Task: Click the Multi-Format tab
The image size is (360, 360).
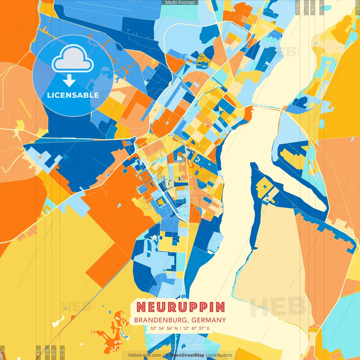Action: (180, 3)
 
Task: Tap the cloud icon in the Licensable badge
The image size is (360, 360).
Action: (73, 59)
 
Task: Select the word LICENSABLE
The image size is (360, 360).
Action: (73, 95)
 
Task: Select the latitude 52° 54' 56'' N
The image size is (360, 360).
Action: (164, 328)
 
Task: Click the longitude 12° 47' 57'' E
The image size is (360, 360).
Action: (196, 328)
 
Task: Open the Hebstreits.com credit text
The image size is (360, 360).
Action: (145, 355)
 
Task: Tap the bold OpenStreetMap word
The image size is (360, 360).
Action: (187, 355)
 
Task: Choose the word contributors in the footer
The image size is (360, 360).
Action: (219, 355)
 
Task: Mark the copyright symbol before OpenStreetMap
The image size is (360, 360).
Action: (167, 355)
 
